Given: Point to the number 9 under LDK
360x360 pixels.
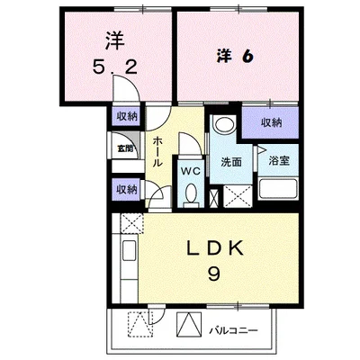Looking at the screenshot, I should [x=212, y=274].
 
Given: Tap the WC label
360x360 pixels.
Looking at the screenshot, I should [x=191, y=168].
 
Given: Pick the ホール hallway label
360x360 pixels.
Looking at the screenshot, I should [x=158, y=151].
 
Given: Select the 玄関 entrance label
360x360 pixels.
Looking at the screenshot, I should [x=125, y=148].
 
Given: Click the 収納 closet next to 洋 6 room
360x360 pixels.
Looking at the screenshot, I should [x=272, y=122].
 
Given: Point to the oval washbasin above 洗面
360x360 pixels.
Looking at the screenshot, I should [x=225, y=125].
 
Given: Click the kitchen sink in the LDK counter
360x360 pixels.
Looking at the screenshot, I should [x=126, y=251].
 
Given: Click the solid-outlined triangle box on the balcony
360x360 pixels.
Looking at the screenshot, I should [x=191, y=323].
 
